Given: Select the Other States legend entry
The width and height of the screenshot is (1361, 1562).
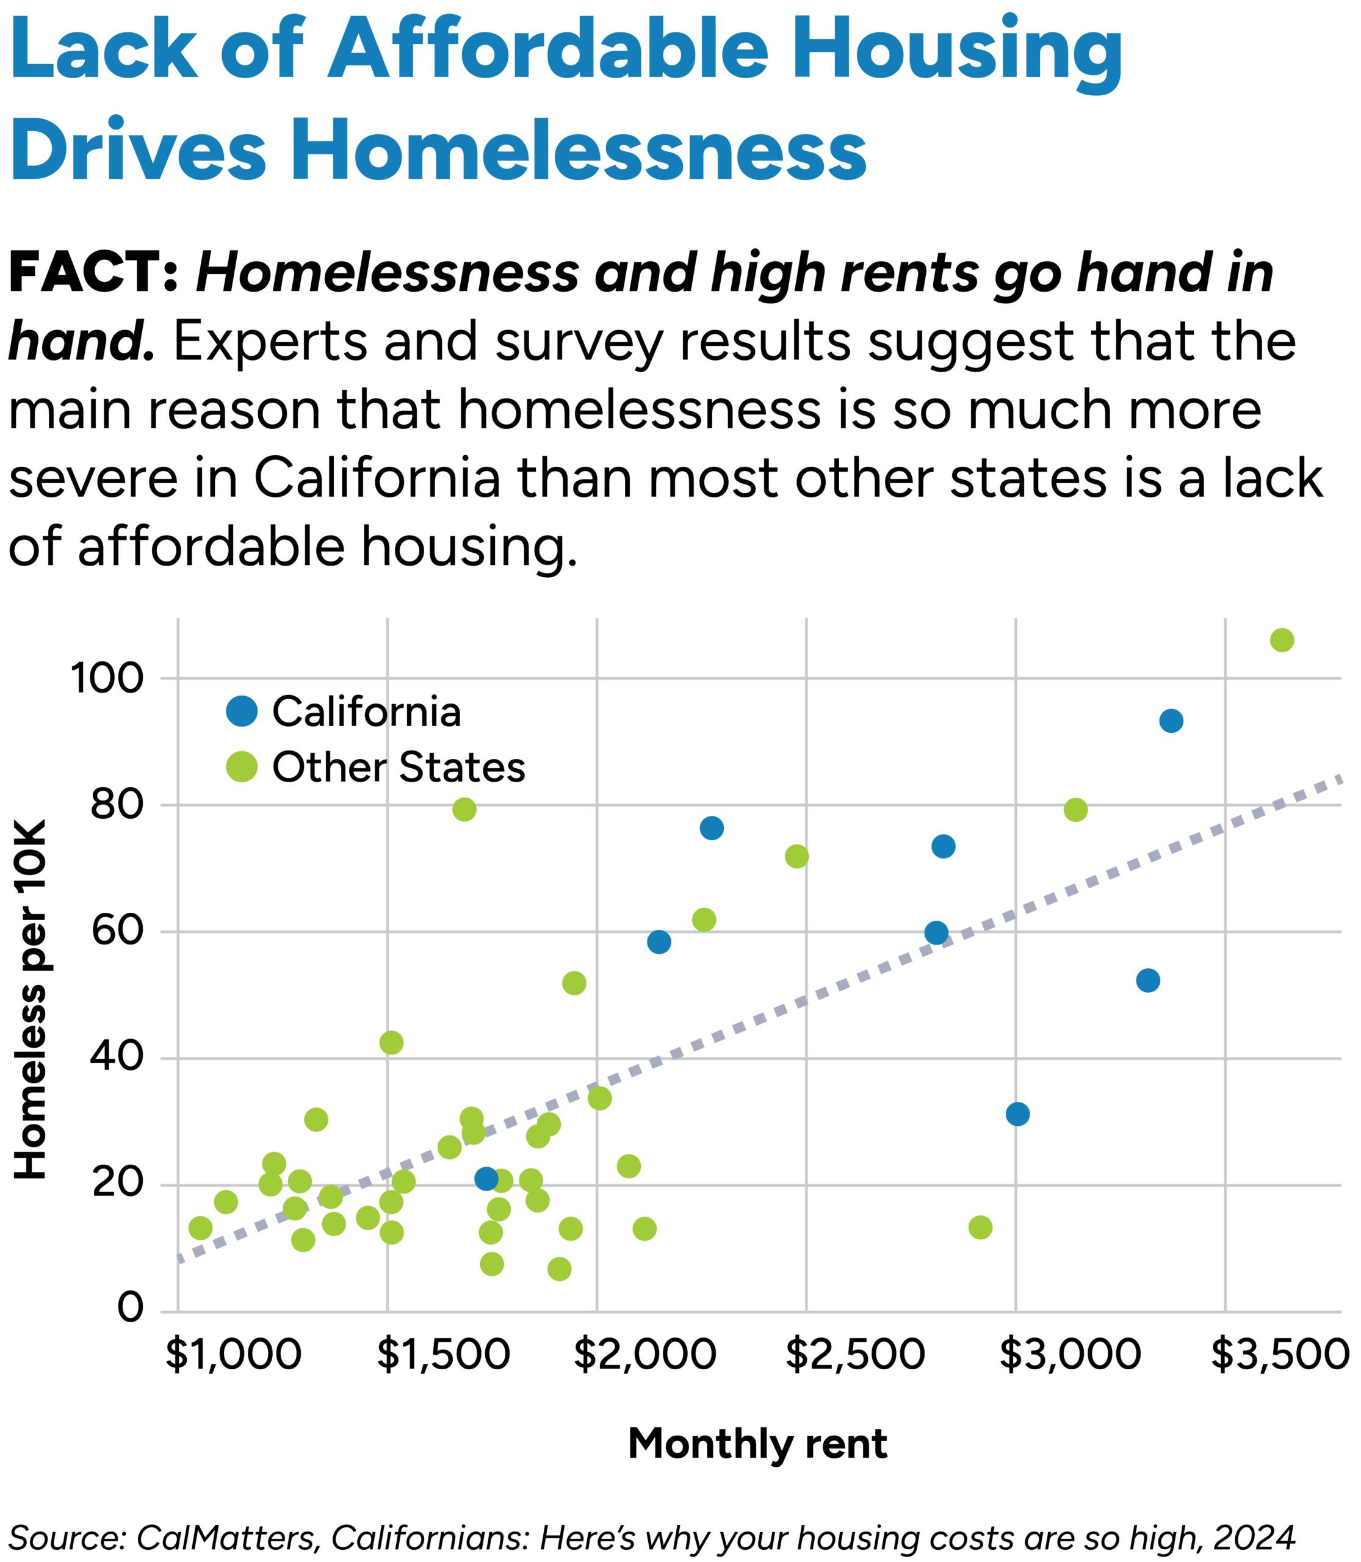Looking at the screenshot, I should tap(376, 767).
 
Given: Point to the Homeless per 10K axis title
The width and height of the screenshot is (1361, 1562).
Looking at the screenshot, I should tap(32, 999).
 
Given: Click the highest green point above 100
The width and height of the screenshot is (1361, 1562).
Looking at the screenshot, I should tap(1281, 640).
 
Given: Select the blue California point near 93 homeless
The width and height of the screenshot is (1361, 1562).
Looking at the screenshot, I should tap(1171, 721).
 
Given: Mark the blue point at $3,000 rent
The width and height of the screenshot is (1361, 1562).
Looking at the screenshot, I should tap(1018, 1114).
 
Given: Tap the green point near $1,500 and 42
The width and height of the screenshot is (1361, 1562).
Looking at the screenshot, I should tap(391, 1043).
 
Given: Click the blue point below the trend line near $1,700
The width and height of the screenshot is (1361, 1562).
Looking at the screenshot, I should tap(486, 1179).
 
